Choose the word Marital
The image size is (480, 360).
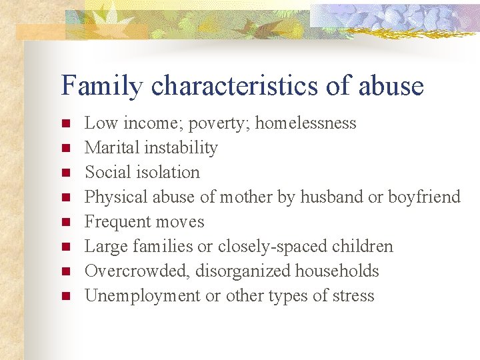[111, 147]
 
